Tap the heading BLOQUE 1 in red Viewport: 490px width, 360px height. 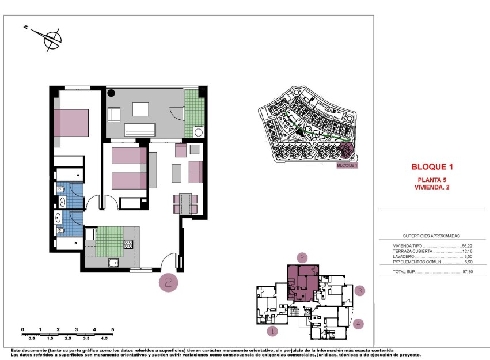click(x=432, y=167)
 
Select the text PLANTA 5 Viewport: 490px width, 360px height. click(x=432, y=180)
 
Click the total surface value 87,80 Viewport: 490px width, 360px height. click(x=475, y=272)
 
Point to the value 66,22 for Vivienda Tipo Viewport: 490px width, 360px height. click(x=475, y=246)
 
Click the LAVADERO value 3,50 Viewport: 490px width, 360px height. click(x=476, y=257)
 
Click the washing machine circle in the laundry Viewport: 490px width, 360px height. click(x=199, y=132)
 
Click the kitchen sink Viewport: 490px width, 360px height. click(x=114, y=263)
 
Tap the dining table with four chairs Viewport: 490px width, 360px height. click(x=185, y=203)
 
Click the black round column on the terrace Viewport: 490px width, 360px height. click(x=111, y=93)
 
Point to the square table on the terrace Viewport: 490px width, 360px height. click(x=140, y=109)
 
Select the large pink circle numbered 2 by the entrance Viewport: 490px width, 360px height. click(x=169, y=282)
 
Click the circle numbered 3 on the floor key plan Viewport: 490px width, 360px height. click(x=359, y=291)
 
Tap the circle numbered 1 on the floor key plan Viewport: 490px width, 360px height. click(x=273, y=331)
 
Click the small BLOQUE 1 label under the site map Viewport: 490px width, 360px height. click(x=347, y=165)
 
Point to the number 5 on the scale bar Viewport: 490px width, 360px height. click(x=113, y=329)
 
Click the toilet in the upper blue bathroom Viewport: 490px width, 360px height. click(x=61, y=189)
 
